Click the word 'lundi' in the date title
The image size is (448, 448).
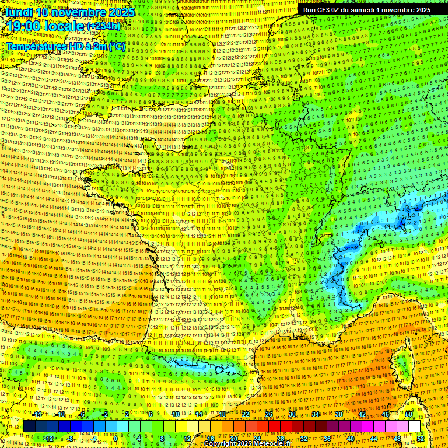pyautogui.click(x=19, y=12)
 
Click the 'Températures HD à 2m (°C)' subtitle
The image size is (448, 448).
pyautogui.click(x=65, y=45)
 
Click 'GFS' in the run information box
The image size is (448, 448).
pyautogui.click(x=325, y=10)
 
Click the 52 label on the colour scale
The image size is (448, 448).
pyautogui.click(x=420, y=438)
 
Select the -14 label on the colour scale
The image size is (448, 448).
pyautogui.click(x=37, y=414)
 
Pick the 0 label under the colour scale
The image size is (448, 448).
pyautogui.click(x=116, y=438)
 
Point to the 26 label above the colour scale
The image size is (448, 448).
pyautogui.click(x=269, y=414)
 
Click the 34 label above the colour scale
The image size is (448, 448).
pyautogui.click(x=315, y=414)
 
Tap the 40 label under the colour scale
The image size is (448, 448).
pyautogui.click(x=350, y=438)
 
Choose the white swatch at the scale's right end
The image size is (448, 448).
pyautogui.click(x=414, y=426)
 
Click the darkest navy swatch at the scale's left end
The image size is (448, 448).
pyautogui.click(x=29, y=426)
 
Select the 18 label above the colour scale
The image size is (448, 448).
pyautogui.click(x=222, y=414)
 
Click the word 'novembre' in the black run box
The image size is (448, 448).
pyautogui.click(x=406, y=10)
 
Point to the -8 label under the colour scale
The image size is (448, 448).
pyautogui.click(x=70, y=438)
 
